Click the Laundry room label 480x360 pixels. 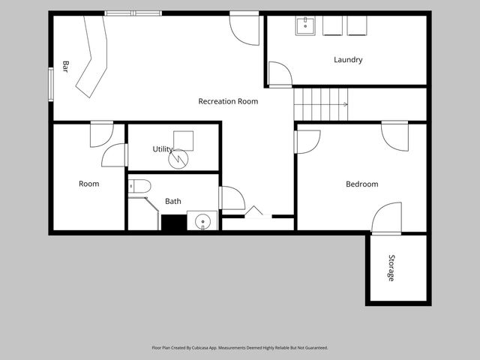348,60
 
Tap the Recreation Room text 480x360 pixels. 228,101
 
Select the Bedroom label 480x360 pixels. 361,184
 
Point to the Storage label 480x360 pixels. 391,268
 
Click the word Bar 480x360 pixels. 65,67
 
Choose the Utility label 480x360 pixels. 163,149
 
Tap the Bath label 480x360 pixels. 173,201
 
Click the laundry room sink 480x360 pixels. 305,26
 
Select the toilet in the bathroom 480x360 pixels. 139,186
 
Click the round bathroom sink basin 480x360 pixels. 202,220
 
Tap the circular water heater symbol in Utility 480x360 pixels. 178,159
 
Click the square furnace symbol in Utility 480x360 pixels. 183,141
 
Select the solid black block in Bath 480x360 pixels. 174,223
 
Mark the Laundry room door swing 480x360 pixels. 280,74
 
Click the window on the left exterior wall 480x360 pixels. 51,85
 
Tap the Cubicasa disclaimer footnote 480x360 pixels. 240,348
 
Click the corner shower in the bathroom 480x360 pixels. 143,214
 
